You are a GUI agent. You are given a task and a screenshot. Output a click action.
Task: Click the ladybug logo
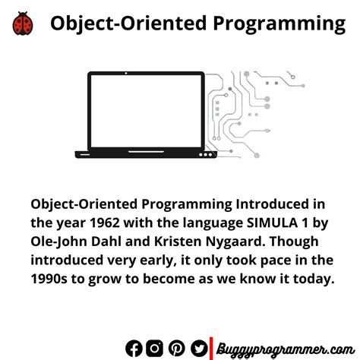pyautogui.click(x=22, y=24)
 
